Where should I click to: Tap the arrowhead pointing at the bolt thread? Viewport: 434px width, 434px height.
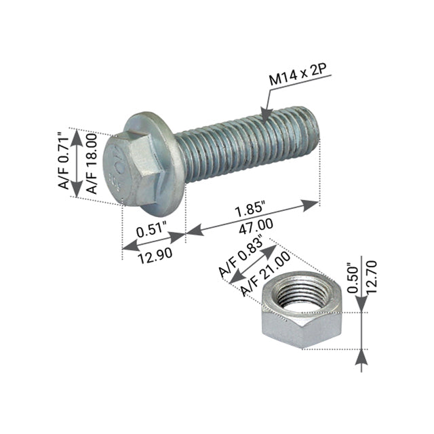tap(265, 115)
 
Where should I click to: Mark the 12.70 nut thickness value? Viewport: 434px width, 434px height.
tap(370, 278)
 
